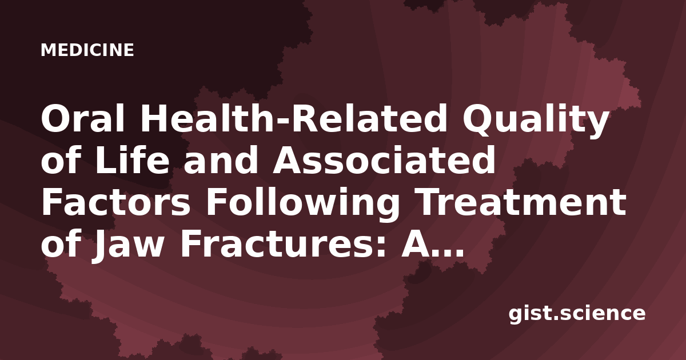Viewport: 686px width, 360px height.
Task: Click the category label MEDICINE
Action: point(87,50)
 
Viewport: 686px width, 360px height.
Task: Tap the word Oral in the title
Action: point(83,118)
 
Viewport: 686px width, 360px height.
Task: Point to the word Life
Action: point(132,160)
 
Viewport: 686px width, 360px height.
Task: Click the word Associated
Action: point(384,160)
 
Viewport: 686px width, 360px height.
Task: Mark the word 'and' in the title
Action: point(221,160)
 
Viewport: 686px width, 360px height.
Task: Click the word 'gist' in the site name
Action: point(530,315)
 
